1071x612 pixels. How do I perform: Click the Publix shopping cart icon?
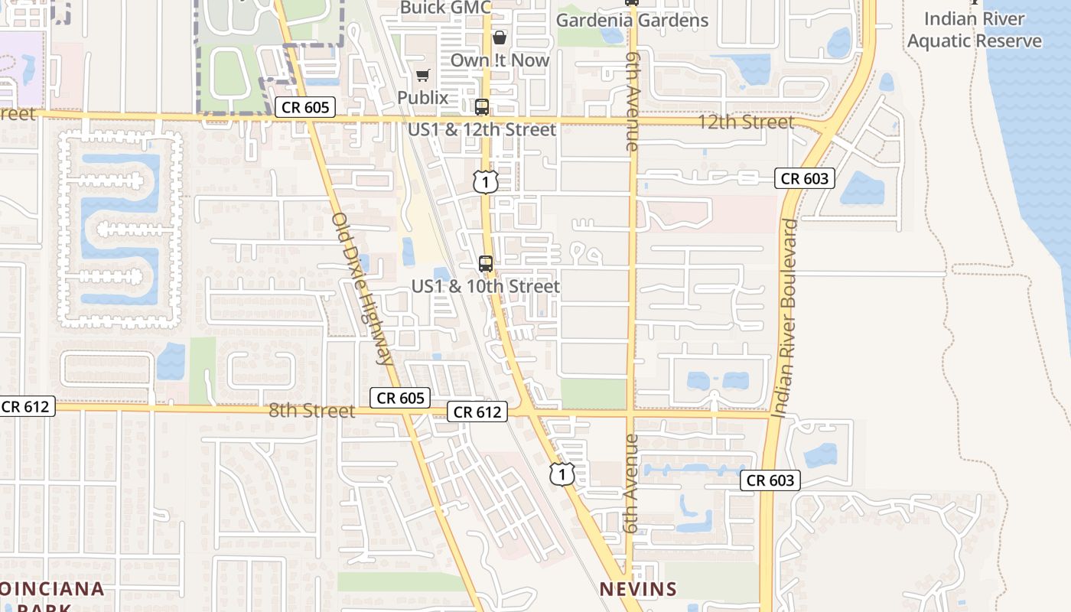[422, 75]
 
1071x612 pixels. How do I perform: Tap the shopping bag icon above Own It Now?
[500, 37]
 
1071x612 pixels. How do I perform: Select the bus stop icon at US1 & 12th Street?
[482, 107]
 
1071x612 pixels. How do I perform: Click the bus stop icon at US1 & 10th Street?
[486, 264]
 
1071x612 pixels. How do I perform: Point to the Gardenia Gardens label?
[632, 21]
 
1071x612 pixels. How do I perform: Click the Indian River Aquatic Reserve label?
[974, 30]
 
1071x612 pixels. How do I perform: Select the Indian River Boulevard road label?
[786, 318]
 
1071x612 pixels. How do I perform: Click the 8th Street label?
[311, 411]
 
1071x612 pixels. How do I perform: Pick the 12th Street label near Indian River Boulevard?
[746, 122]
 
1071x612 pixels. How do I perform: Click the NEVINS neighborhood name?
[638, 589]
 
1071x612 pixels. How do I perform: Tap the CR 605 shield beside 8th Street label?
[400, 398]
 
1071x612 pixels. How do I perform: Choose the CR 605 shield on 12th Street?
[305, 107]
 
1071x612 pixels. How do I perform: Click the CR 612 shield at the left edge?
[26, 406]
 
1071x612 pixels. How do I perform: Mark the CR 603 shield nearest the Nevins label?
[770, 480]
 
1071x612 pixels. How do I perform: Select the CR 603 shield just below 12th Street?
[804, 179]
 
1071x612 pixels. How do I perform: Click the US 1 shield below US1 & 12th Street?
[486, 182]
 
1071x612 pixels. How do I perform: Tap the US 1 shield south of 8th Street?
[562, 474]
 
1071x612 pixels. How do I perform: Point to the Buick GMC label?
[445, 8]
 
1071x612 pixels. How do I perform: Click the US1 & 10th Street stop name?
[486, 287]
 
